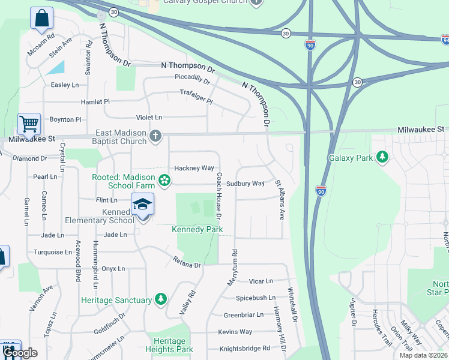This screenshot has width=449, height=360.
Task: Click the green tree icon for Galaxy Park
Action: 382,158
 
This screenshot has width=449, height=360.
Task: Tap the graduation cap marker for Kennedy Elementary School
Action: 142,205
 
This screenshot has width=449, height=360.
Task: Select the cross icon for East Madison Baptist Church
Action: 155,136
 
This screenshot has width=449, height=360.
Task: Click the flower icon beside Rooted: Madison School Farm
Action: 164,180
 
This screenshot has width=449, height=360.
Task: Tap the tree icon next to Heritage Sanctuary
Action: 160,299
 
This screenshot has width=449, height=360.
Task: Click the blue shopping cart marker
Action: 29,125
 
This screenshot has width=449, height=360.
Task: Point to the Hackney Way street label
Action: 194,168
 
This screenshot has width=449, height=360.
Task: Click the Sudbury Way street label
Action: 246,184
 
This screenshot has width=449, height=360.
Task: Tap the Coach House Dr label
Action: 219,196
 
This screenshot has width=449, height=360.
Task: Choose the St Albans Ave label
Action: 280,199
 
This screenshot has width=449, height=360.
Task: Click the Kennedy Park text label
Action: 197,230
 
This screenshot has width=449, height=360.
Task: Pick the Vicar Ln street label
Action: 261,281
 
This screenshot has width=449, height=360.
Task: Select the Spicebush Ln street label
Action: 255,298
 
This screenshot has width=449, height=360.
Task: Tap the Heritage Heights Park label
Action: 169,345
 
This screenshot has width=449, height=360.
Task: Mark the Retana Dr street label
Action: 186,262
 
